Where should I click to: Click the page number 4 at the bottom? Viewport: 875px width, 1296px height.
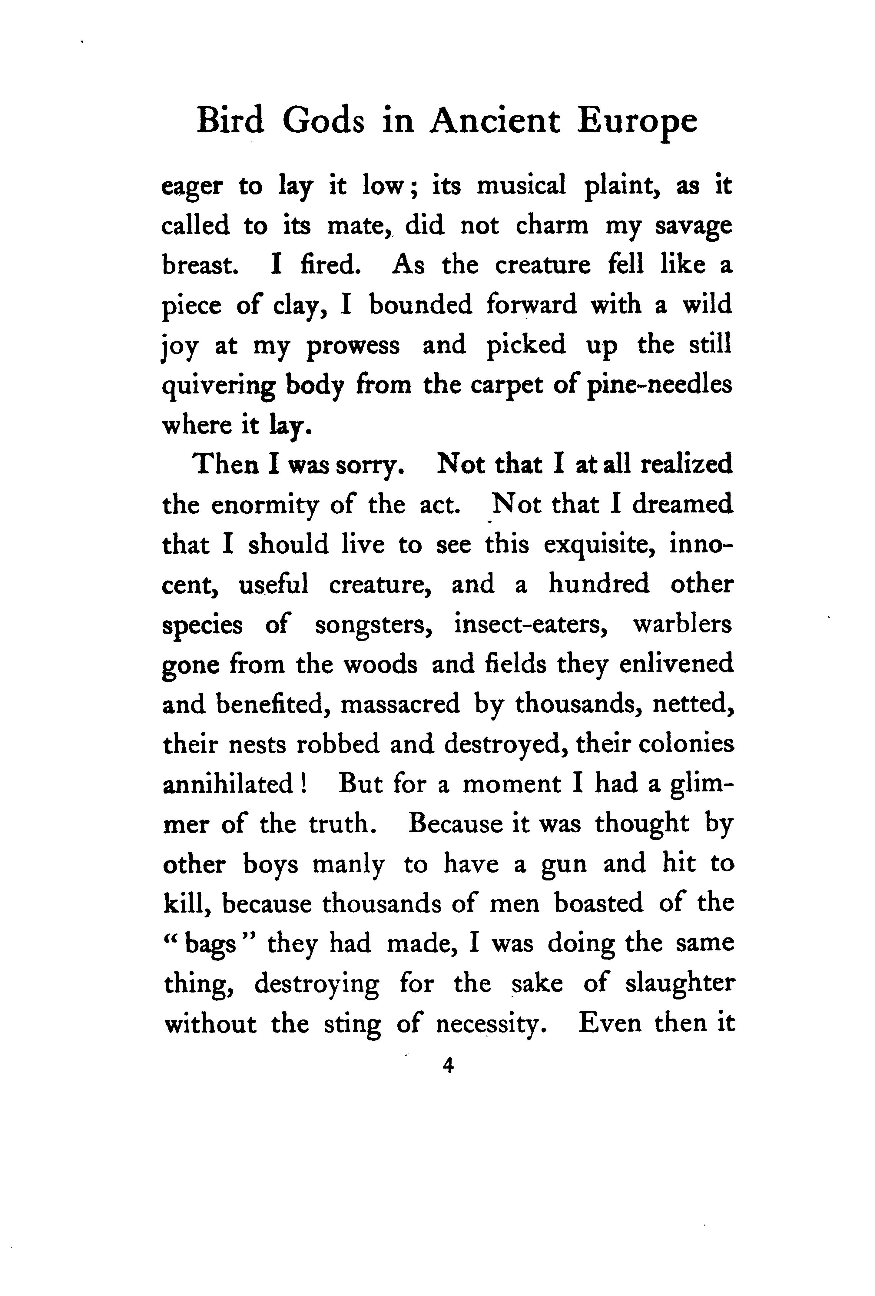click(x=448, y=1066)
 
